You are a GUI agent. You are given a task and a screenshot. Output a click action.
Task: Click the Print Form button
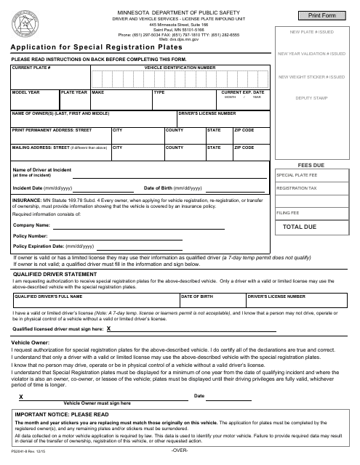pyautogui.click(x=316, y=15)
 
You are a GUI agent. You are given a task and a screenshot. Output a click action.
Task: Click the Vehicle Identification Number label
pyautogui.click(x=180, y=67)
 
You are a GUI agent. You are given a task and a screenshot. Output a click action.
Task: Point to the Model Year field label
pyautogui.click(x=25, y=93)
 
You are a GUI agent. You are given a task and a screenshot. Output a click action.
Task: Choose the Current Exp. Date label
pyautogui.click(x=242, y=93)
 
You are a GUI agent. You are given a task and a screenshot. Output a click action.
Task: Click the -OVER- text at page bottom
pyautogui.click(x=180, y=452)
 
